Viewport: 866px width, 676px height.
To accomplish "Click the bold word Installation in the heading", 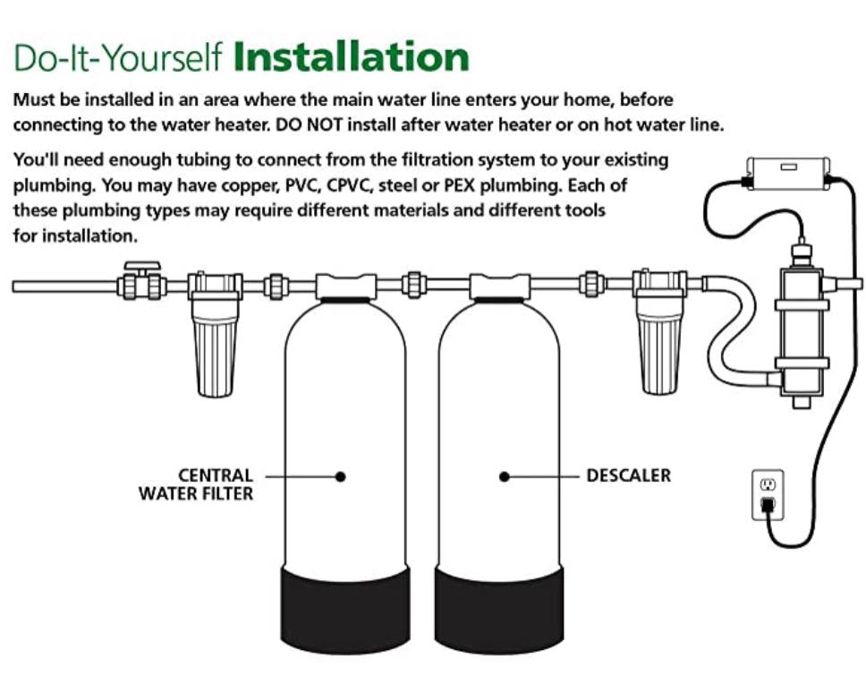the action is pyautogui.click(x=352, y=56).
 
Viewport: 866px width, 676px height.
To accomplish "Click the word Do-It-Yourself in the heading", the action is pyautogui.click(x=117, y=56).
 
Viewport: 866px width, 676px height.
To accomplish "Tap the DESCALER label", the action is pyautogui.click(x=629, y=475).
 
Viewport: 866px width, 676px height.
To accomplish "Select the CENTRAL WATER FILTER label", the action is pyautogui.click(x=196, y=484).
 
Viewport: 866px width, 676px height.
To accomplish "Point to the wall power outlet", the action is pyautogui.click(x=768, y=495).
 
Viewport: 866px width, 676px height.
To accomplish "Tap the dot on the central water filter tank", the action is pyautogui.click(x=341, y=476).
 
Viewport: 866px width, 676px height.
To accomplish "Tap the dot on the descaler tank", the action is pyautogui.click(x=505, y=476).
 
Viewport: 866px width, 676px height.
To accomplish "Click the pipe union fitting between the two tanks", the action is pyautogui.click(x=413, y=286).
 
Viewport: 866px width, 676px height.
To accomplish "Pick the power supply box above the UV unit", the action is pyautogui.click(x=788, y=173).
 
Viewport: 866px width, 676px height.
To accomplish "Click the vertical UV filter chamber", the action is pyautogui.click(x=802, y=331).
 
